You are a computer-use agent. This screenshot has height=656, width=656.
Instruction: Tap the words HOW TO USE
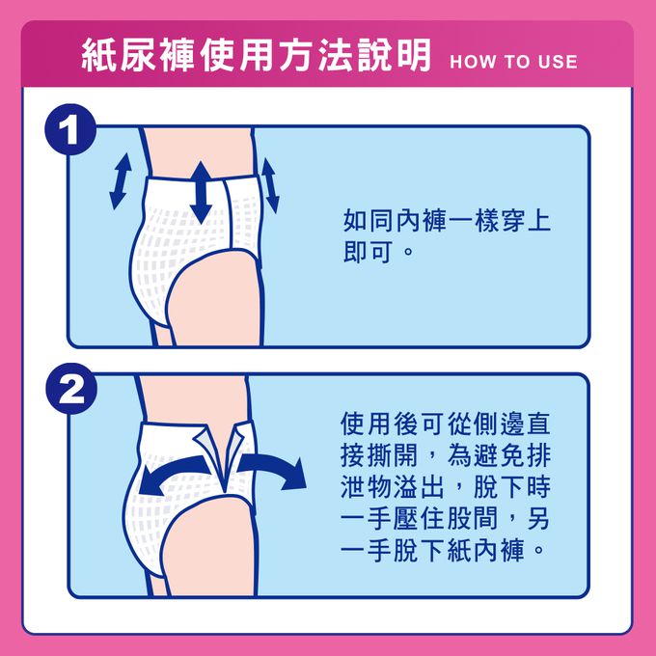coord(513,62)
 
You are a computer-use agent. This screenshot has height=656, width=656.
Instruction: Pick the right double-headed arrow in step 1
coord(269,185)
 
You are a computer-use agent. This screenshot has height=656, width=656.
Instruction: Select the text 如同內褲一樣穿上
coord(447,220)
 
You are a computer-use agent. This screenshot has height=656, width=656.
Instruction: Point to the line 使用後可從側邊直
coord(447,424)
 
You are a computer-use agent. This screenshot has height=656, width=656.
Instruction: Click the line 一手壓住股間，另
coord(447,519)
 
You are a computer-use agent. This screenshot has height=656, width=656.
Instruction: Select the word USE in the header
coord(555,62)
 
